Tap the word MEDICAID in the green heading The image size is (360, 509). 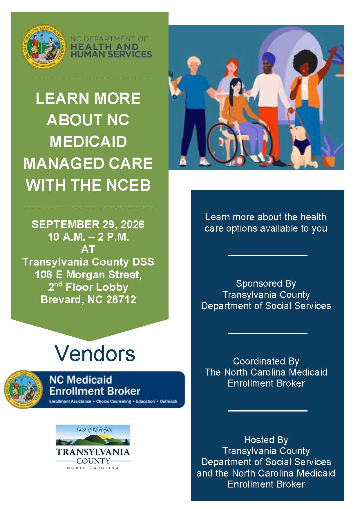click(88, 142)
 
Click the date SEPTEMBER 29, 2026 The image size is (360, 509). click(88, 224)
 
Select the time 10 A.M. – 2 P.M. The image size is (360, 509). click(88, 237)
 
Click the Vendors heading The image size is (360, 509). click(95, 353)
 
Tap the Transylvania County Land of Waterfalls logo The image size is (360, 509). click(93, 447)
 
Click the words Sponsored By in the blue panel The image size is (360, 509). click(266, 283)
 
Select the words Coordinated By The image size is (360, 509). click(266, 361)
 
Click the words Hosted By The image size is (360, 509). click(266, 440)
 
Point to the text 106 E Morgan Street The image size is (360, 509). click(88, 275)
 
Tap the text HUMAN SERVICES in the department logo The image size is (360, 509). click(111, 54)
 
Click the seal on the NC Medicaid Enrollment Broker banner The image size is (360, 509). click(23, 389)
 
